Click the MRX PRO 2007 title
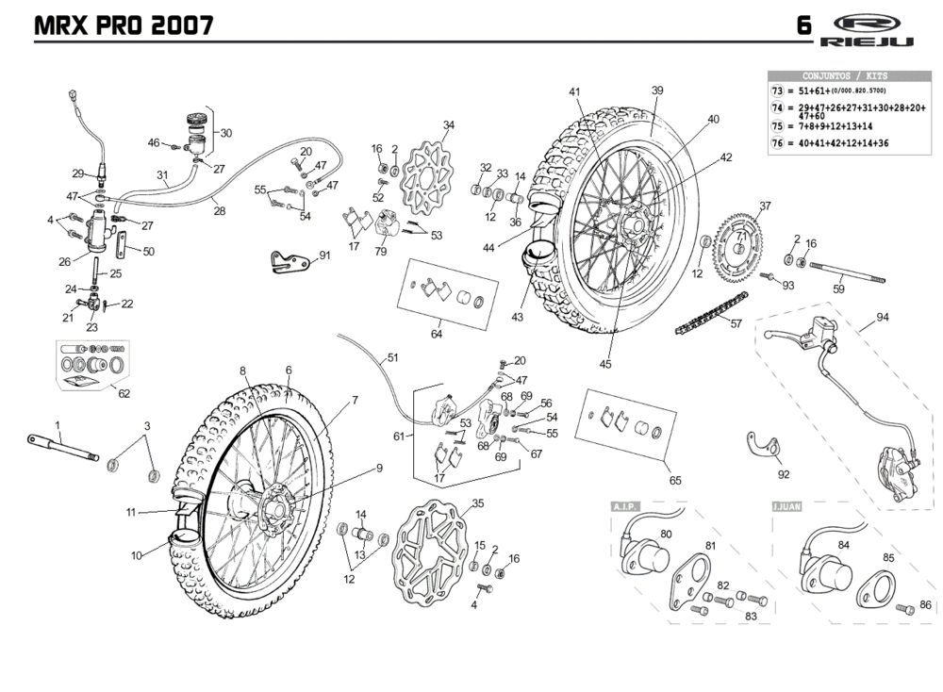[123, 25]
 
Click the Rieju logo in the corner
[867, 28]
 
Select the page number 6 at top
[803, 25]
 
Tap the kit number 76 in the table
[777, 143]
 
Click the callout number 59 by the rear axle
[838, 290]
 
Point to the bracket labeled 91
[288, 261]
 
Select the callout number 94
[883, 317]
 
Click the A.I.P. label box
[627, 507]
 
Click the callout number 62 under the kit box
[124, 394]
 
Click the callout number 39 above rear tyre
[657, 91]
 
